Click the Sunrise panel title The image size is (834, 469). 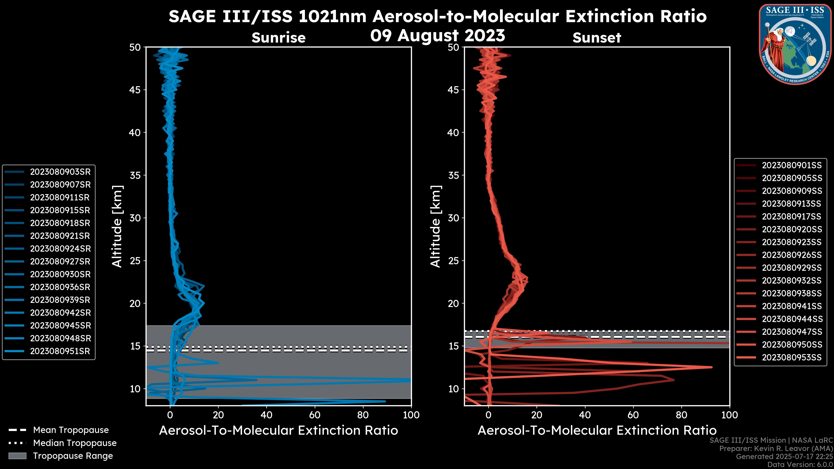tap(278, 38)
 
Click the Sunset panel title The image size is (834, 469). tap(597, 38)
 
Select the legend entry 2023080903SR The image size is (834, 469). tap(60, 172)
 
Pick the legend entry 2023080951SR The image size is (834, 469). tap(60, 351)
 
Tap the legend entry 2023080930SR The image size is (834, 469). tap(60, 274)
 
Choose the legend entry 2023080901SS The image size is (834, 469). tap(792, 165)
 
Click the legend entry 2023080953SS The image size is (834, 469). tap(792, 357)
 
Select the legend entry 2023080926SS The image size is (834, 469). tap(792, 255)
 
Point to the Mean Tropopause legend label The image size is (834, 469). tap(71, 430)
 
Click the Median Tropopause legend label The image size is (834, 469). tap(75, 443)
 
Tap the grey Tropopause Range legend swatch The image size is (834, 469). tap(17, 456)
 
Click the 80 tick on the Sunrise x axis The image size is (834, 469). tap(363, 415)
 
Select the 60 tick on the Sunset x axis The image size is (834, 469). tap(633, 415)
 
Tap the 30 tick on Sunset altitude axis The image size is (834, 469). tap(453, 218)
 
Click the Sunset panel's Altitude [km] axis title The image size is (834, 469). tap(435, 226)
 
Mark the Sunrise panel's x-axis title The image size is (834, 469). tap(278, 431)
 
